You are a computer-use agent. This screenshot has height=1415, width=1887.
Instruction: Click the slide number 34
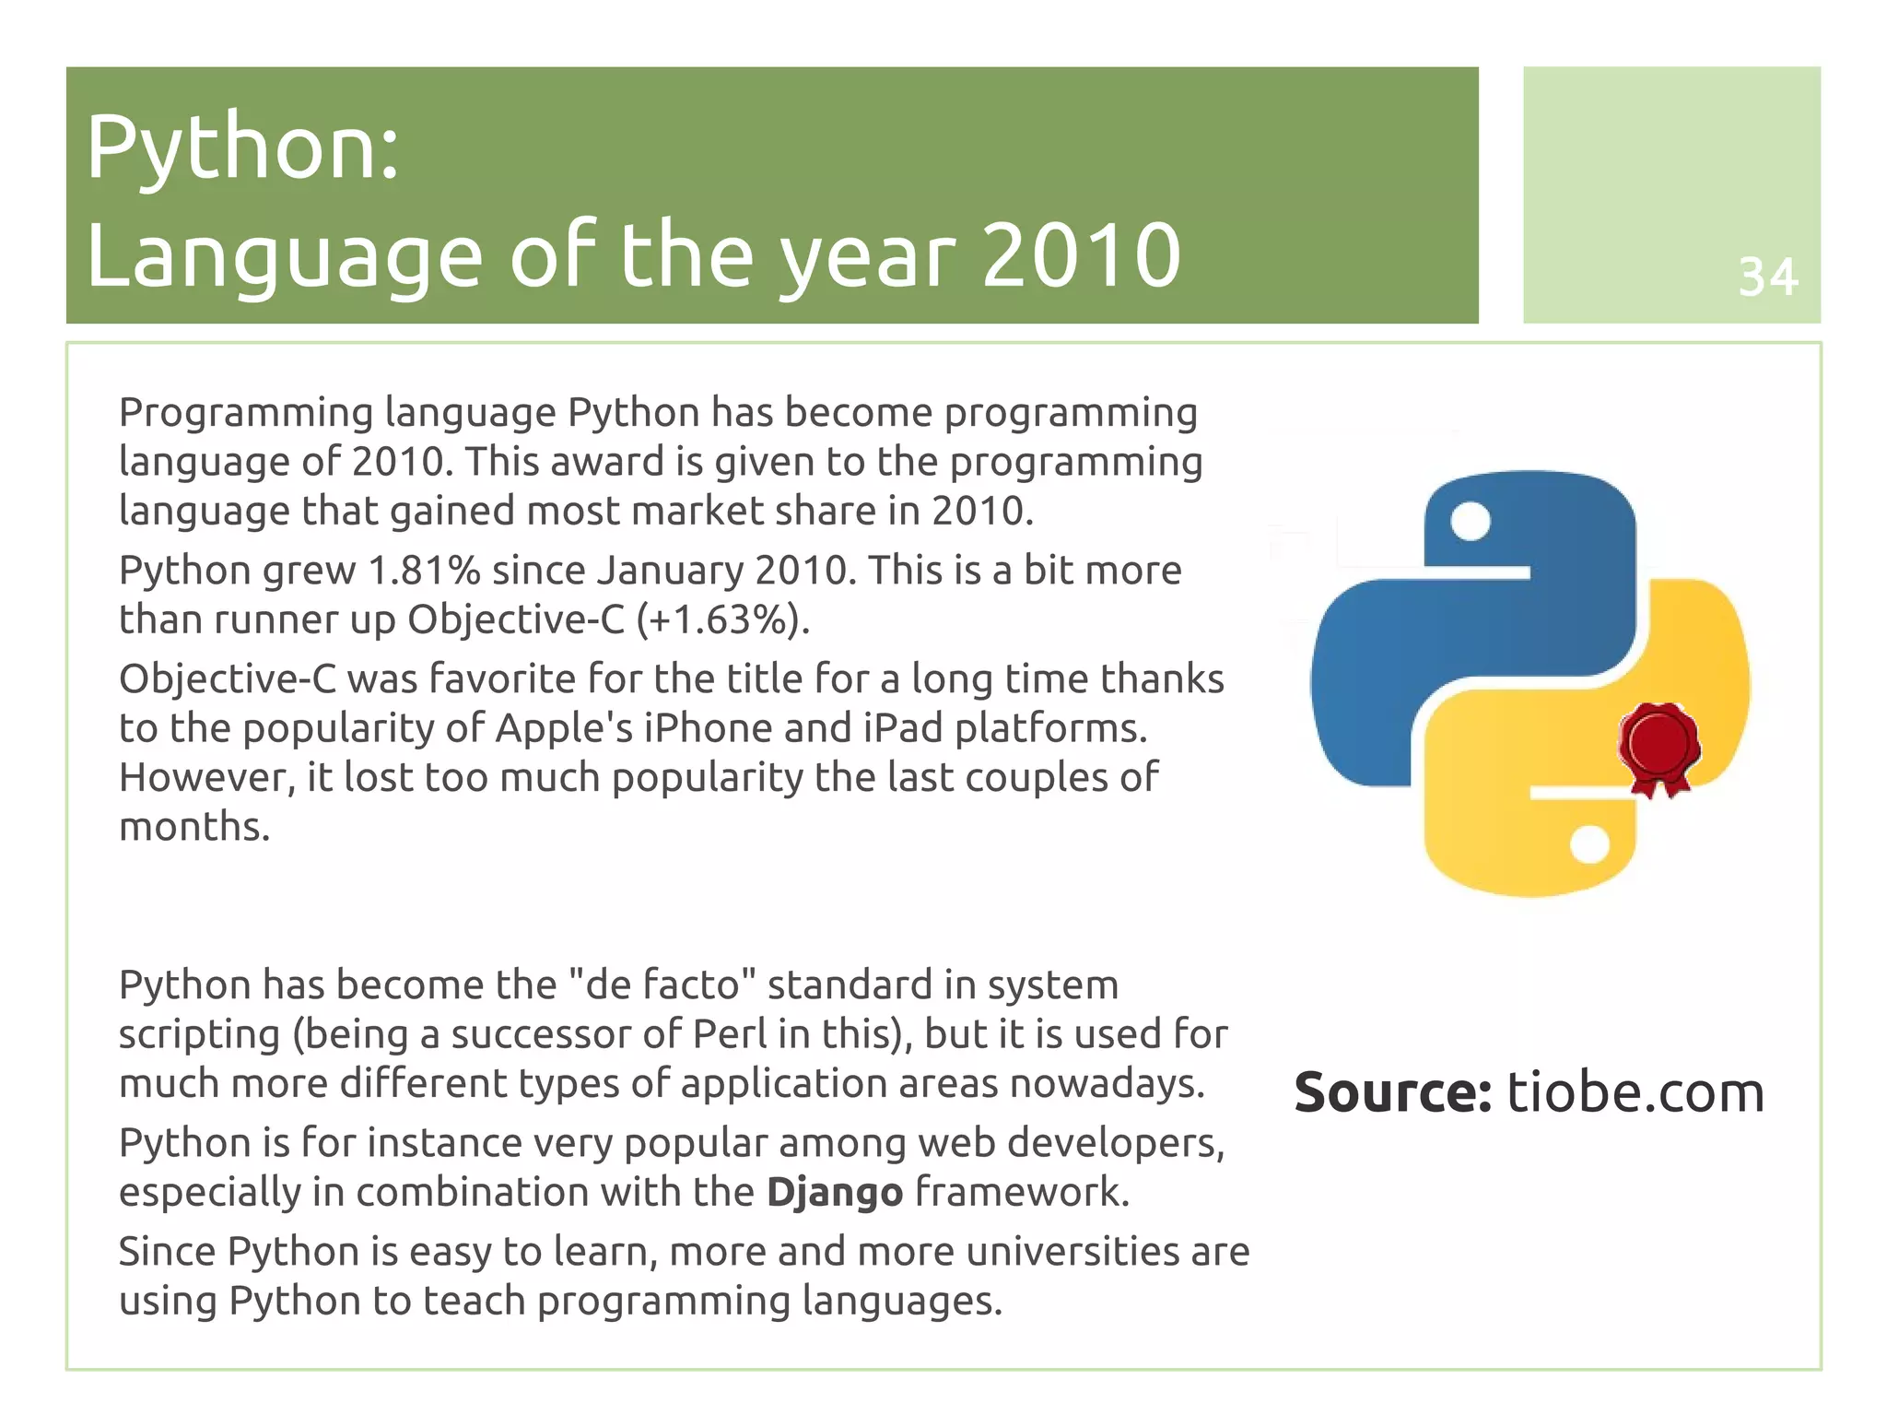[x=1767, y=277]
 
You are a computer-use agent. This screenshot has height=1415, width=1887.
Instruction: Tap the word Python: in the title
[x=242, y=147]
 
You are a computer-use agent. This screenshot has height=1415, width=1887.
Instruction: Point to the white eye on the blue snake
[x=1470, y=521]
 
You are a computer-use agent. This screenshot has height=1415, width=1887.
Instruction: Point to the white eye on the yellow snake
[x=1588, y=844]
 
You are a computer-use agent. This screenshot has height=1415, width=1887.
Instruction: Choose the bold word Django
[x=834, y=1193]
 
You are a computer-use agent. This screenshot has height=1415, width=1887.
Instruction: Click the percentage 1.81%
[x=424, y=571]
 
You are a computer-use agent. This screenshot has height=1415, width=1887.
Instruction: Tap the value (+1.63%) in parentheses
[x=723, y=619]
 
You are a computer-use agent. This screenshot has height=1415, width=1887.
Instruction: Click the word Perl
[x=729, y=1034]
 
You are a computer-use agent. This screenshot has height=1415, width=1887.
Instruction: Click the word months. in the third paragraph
[x=194, y=827]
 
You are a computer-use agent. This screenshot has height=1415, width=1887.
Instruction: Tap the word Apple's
[x=564, y=728]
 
